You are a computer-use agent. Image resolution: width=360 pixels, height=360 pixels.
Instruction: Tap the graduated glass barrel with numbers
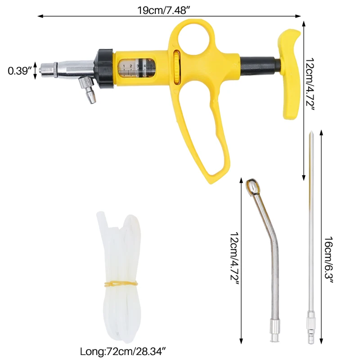point(137,68)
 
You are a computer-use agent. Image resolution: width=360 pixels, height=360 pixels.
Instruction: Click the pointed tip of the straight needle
point(311,135)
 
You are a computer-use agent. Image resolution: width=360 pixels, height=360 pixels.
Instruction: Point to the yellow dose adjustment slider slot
point(175,67)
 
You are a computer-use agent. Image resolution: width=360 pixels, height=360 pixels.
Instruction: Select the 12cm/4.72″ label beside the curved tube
point(233,259)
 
